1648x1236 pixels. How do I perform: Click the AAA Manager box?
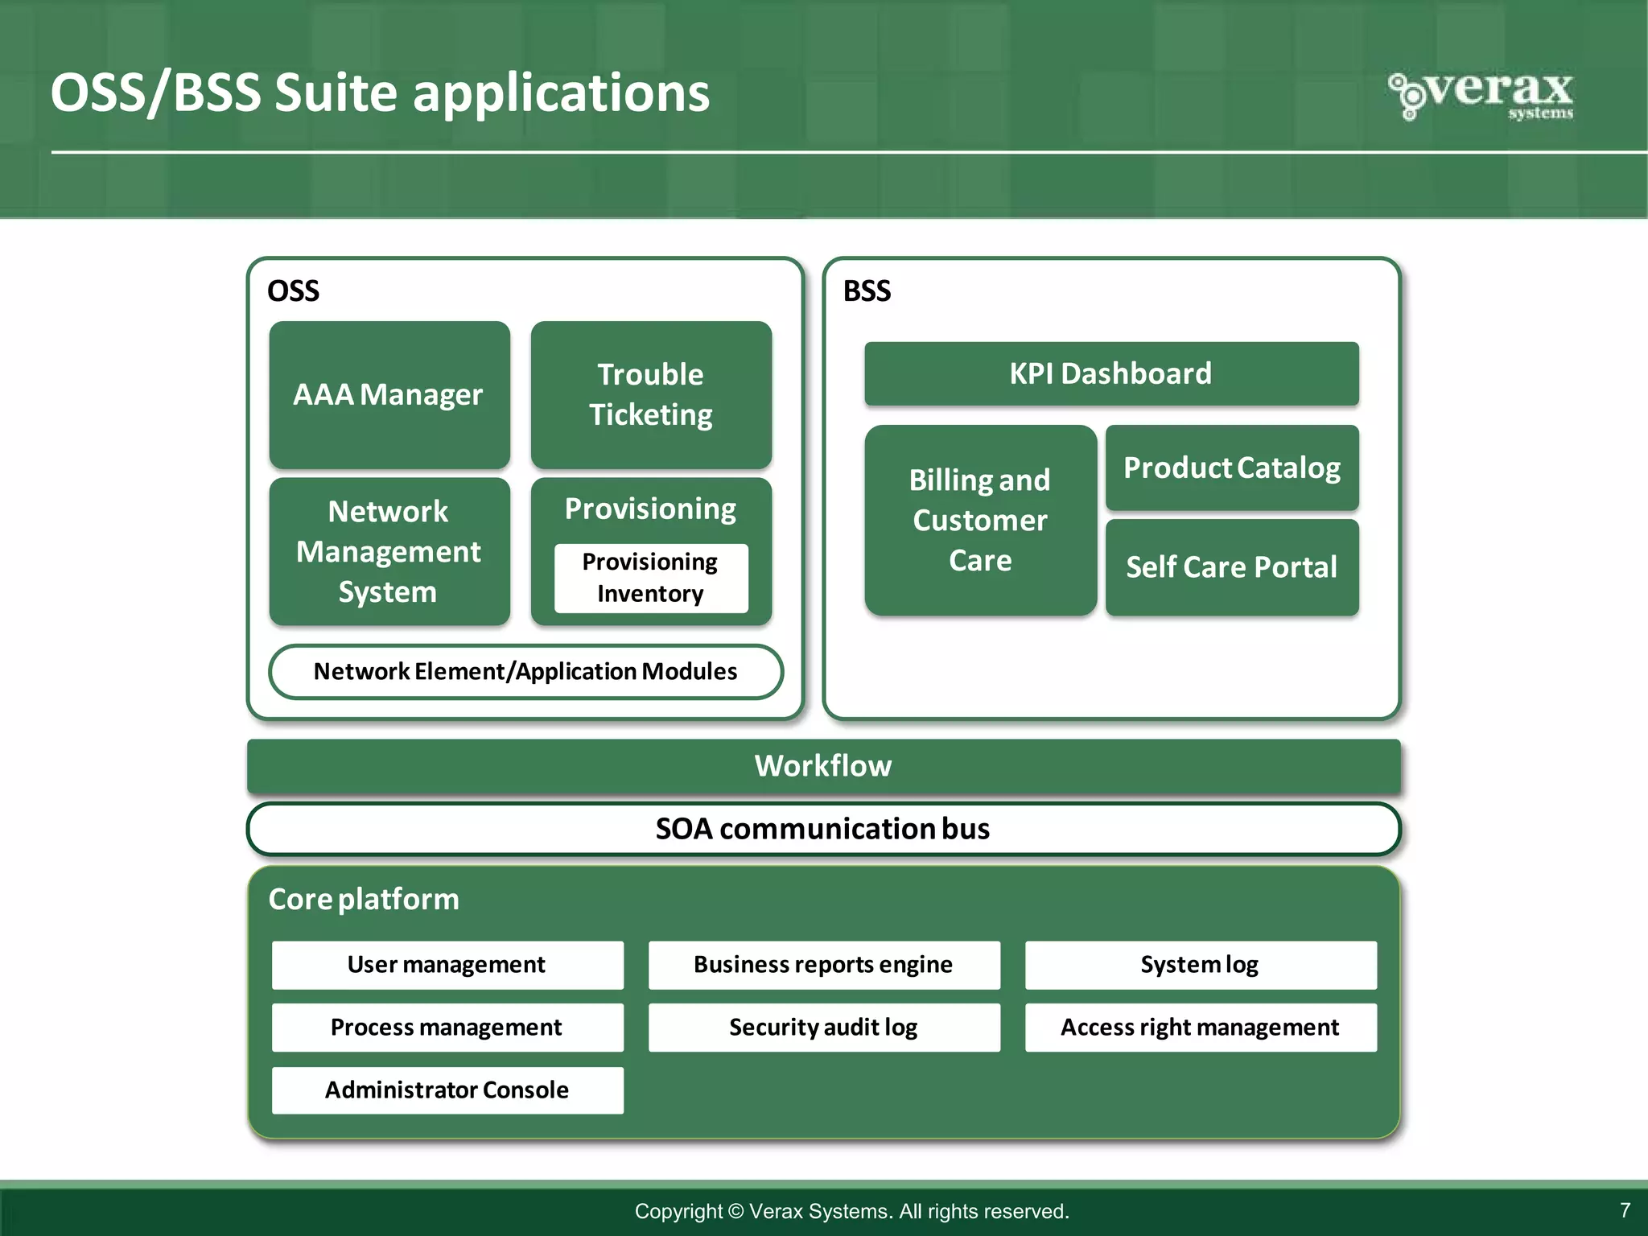(x=389, y=394)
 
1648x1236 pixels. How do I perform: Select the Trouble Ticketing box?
(x=651, y=394)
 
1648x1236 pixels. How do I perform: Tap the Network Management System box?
(x=389, y=551)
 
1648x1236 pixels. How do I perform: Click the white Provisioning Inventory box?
(x=650, y=578)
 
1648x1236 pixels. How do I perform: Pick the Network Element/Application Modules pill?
(x=525, y=671)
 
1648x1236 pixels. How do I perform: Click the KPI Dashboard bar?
(x=1111, y=373)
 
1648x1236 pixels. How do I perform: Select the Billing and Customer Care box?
(x=980, y=520)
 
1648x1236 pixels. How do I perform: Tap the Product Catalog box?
(x=1232, y=468)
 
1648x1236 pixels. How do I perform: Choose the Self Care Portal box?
(x=1232, y=567)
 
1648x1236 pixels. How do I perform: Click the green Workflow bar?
(x=823, y=765)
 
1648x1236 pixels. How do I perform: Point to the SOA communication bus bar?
(x=823, y=829)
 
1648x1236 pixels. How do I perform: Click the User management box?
(x=447, y=964)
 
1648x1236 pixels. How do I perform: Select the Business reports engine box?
(x=824, y=964)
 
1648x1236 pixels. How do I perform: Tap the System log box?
(x=1201, y=964)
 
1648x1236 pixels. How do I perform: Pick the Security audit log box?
(x=824, y=1027)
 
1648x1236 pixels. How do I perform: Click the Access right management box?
(x=1201, y=1027)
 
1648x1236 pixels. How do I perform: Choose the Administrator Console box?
(x=447, y=1090)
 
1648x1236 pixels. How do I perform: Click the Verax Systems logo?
(x=1481, y=95)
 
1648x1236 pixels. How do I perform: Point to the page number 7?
(x=1625, y=1210)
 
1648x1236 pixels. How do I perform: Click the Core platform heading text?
(x=364, y=899)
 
